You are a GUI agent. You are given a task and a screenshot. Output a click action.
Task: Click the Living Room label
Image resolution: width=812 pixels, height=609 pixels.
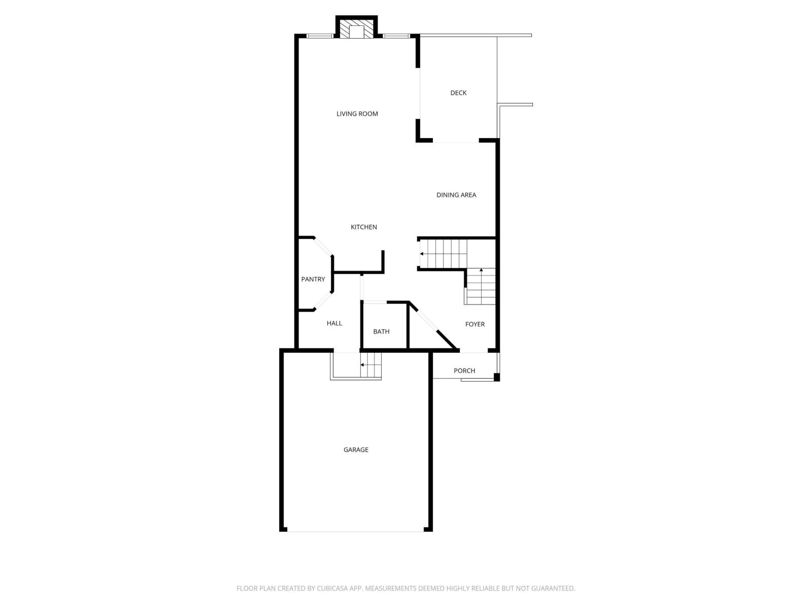(x=357, y=114)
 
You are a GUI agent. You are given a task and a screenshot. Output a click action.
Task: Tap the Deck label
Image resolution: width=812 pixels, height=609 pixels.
(x=458, y=93)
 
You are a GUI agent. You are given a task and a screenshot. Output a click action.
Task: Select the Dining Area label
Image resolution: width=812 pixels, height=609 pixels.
(x=456, y=195)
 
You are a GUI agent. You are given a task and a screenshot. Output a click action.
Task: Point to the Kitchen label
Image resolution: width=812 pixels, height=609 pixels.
(x=364, y=227)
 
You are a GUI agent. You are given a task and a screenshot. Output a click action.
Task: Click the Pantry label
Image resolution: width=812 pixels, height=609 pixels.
(x=313, y=279)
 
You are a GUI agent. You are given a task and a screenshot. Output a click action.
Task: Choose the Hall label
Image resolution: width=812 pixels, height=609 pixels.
(x=334, y=323)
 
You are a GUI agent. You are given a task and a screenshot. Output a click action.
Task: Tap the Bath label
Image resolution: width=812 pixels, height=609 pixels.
(x=381, y=331)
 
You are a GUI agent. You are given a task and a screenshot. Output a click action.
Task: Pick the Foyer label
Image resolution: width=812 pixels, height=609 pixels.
(x=475, y=324)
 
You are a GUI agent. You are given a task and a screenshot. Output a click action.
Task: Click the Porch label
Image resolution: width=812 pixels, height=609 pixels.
(x=464, y=370)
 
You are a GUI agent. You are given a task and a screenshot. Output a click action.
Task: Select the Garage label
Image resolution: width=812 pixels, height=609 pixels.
(x=356, y=450)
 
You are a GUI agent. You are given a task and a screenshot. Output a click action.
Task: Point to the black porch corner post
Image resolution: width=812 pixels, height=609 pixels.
(x=497, y=377)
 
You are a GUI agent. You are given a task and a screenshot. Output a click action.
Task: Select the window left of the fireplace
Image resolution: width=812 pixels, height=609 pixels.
(x=320, y=36)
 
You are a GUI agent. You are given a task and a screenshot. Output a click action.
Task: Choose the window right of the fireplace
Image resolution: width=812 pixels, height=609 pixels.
(x=396, y=36)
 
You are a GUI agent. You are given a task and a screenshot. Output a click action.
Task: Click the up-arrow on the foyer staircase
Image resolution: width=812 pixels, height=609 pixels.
(x=481, y=270)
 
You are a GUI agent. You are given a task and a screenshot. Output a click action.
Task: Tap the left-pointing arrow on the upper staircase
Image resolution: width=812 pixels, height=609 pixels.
(x=422, y=254)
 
